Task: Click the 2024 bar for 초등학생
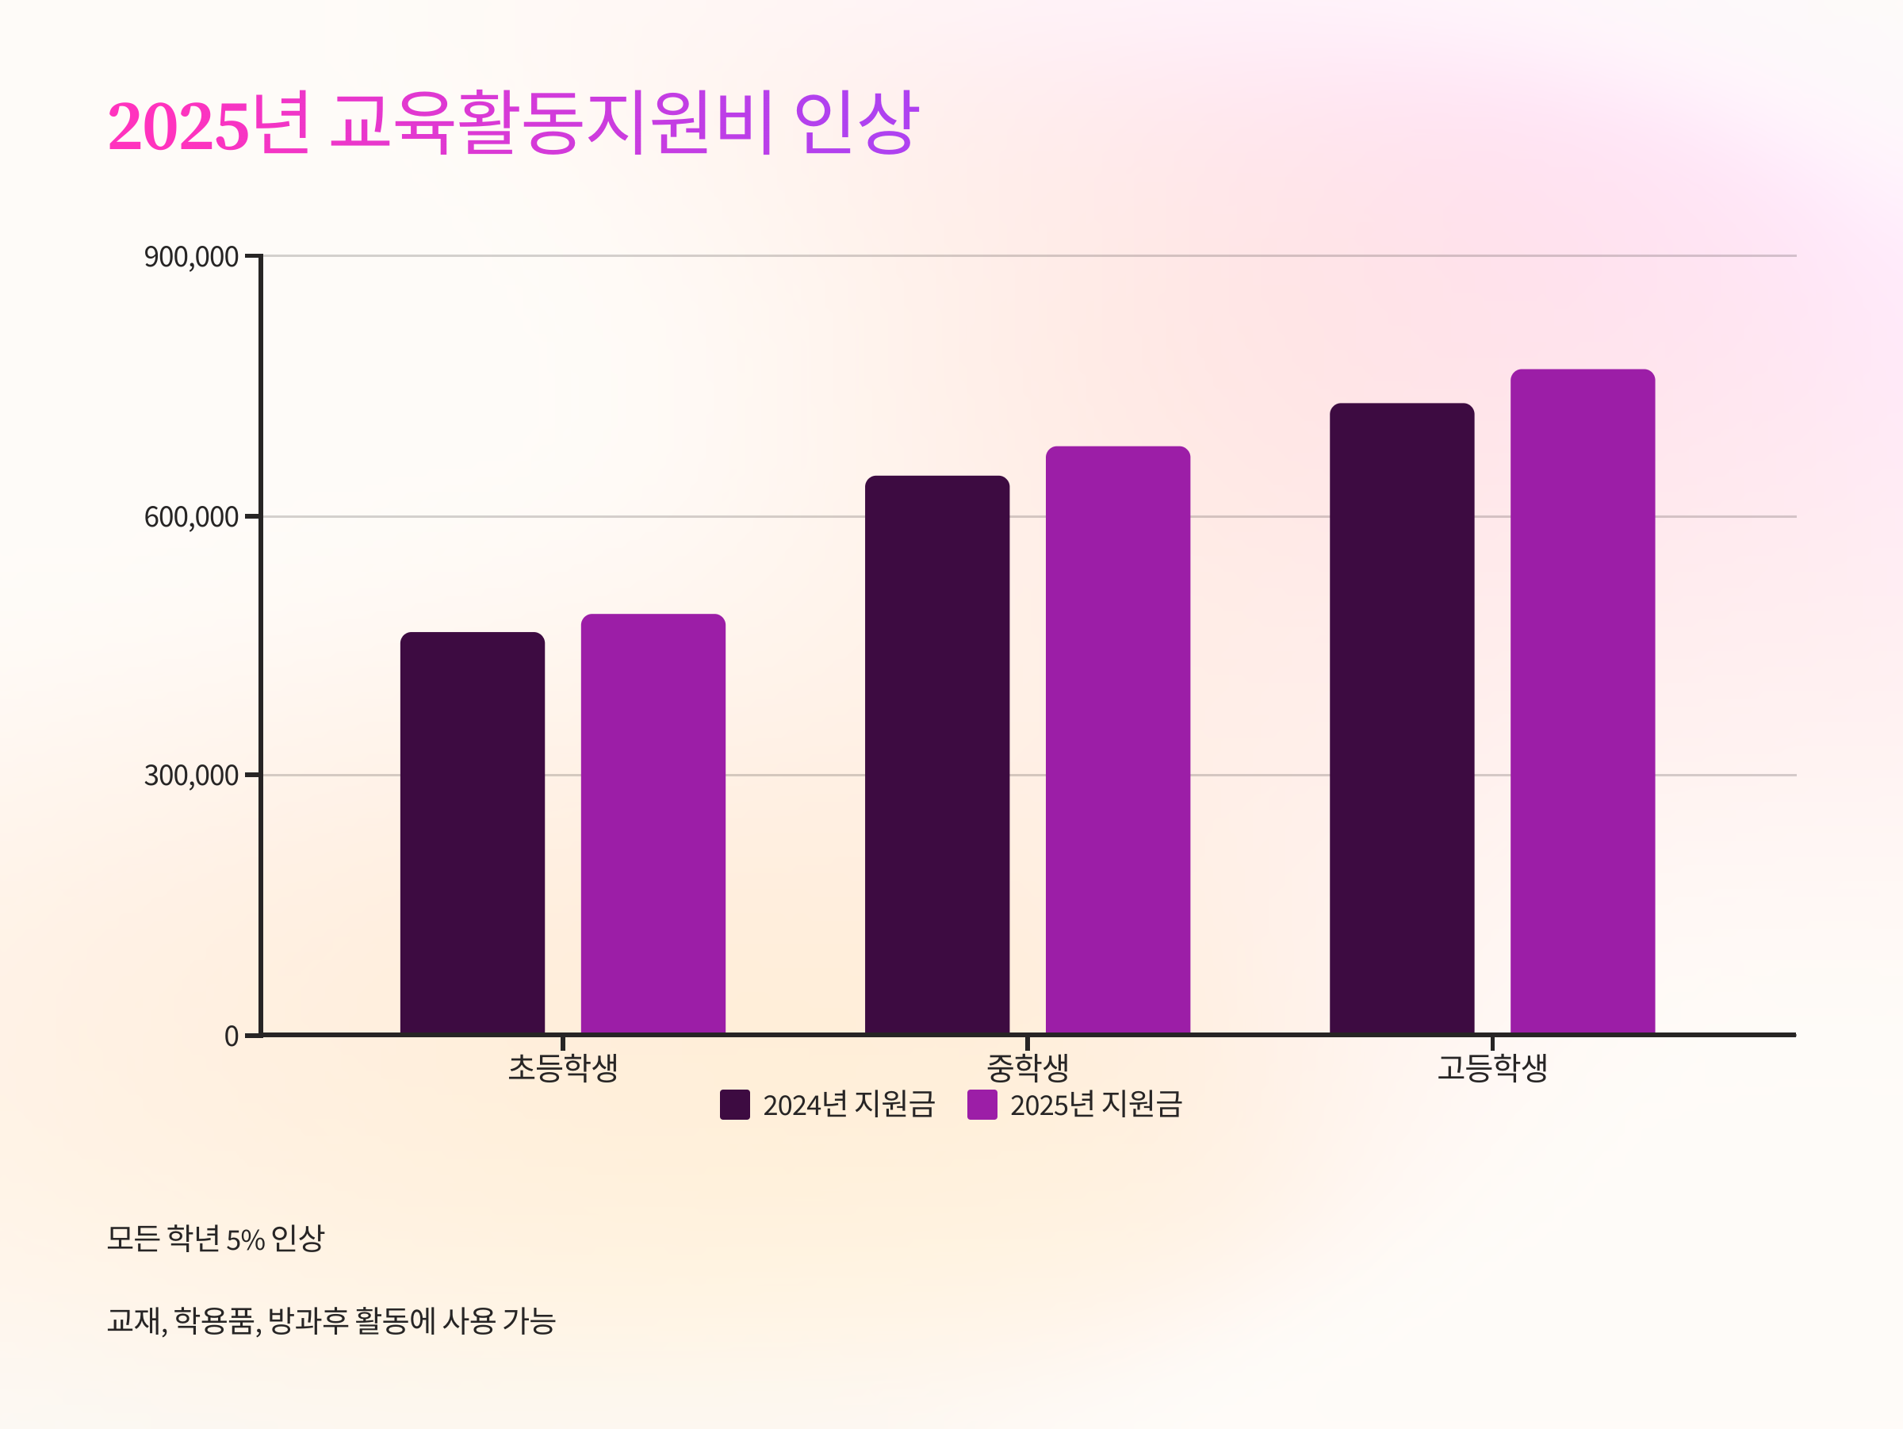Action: coord(473,833)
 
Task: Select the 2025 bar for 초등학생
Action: coord(653,823)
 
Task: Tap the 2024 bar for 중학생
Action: coord(937,754)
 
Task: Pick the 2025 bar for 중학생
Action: coord(1117,740)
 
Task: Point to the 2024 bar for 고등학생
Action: coord(1401,718)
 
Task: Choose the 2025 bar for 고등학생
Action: coord(1582,701)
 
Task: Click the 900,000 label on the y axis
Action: coord(191,256)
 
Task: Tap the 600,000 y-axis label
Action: coord(191,517)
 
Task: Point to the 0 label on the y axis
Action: coord(231,1036)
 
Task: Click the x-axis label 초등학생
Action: coord(563,1068)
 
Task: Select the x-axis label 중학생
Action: coord(1027,1068)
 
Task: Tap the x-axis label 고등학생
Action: coord(1491,1068)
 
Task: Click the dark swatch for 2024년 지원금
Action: coord(735,1105)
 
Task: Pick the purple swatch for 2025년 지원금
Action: coord(982,1105)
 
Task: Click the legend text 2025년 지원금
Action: coord(1096,1105)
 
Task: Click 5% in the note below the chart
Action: coord(245,1239)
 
